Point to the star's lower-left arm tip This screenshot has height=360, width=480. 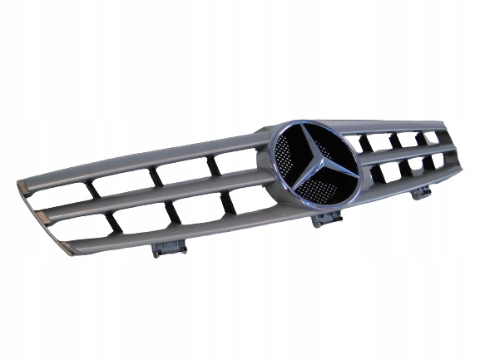click(287, 191)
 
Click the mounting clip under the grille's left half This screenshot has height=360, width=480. click(169, 247)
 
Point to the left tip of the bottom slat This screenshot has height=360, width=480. click(65, 247)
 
